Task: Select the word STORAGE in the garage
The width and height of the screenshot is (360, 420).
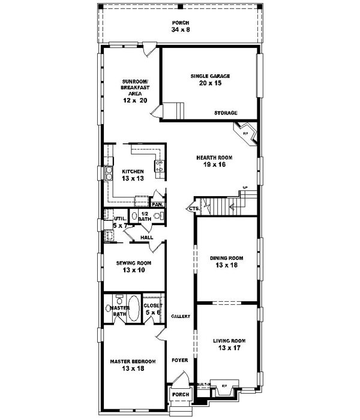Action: tap(226, 113)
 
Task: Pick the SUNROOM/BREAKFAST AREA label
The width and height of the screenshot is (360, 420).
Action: tap(135, 91)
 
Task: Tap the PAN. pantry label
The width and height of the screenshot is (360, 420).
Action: tap(157, 205)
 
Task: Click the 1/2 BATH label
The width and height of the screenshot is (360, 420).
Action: tap(145, 217)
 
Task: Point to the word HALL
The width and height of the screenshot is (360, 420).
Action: tap(146, 238)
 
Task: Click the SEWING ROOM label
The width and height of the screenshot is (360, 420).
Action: tap(134, 266)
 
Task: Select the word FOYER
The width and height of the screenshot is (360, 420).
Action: tap(179, 360)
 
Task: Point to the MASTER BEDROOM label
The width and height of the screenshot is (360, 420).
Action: tap(133, 365)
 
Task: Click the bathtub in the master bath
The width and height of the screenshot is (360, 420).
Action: tap(134, 309)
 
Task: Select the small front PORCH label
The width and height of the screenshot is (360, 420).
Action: tap(181, 394)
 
